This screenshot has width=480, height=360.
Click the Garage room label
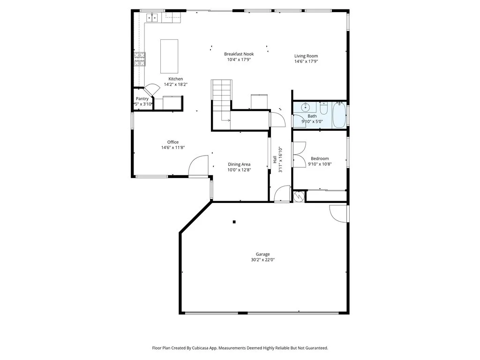(262, 254)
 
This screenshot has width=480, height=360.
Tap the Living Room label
(306, 56)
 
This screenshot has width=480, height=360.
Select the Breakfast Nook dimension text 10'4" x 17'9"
(239, 60)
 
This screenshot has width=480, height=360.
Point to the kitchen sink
(152, 18)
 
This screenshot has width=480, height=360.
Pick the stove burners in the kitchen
(139, 59)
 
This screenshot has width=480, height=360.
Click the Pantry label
(142, 99)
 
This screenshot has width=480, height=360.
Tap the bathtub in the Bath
(338, 115)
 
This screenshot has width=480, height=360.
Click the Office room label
(173, 142)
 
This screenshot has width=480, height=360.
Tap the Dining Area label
(239, 165)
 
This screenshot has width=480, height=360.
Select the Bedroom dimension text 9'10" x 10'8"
(320, 165)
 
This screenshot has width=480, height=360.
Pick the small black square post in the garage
(234, 222)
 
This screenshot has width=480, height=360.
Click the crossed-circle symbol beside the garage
(298, 196)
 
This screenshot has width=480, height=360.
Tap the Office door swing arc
(197, 164)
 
